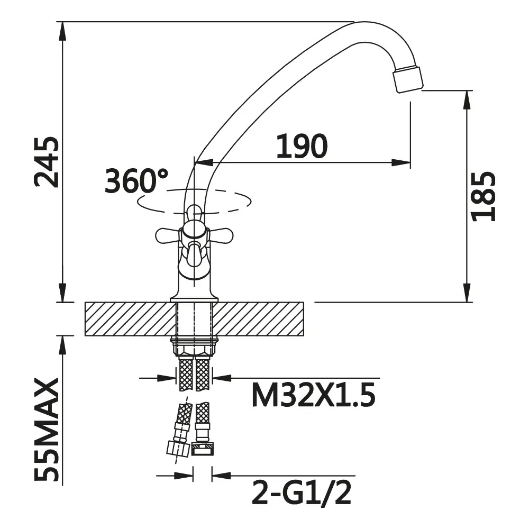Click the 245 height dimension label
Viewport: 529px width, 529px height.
(47, 162)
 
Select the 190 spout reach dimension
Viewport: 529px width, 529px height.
(302, 146)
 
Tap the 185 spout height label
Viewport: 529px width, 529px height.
(483, 197)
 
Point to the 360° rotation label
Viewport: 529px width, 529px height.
(136, 180)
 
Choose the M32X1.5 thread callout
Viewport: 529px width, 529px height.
(313, 396)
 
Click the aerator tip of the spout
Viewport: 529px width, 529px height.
(408, 79)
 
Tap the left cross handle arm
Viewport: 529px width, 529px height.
(167, 235)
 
